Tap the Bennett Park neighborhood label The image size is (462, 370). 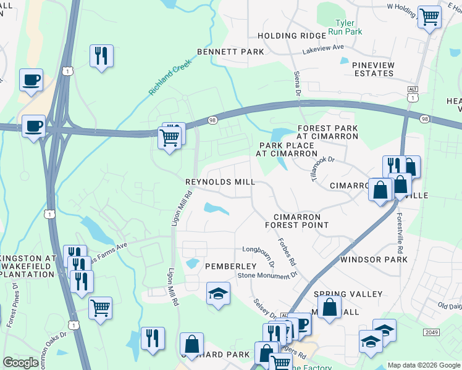pyautogui.click(x=230, y=52)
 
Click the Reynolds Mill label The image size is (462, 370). pyautogui.click(x=220, y=183)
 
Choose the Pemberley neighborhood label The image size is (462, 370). pyautogui.click(x=212, y=266)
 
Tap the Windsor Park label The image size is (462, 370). pyautogui.click(x=374, y=260)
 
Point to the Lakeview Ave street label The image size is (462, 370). pyautogui.click(x=322, y=47)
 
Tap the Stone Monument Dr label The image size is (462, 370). pyautogui.click(x=267, y=275)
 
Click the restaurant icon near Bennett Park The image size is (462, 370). pyautogui.click(x=100, y=55)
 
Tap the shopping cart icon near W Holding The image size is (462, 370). pyautogui.click(x=429, y=17)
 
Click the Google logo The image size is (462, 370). pyautogui.click(x=21, y=363)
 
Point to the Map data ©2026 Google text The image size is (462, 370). pyautogui.click(x=423, y=365)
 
